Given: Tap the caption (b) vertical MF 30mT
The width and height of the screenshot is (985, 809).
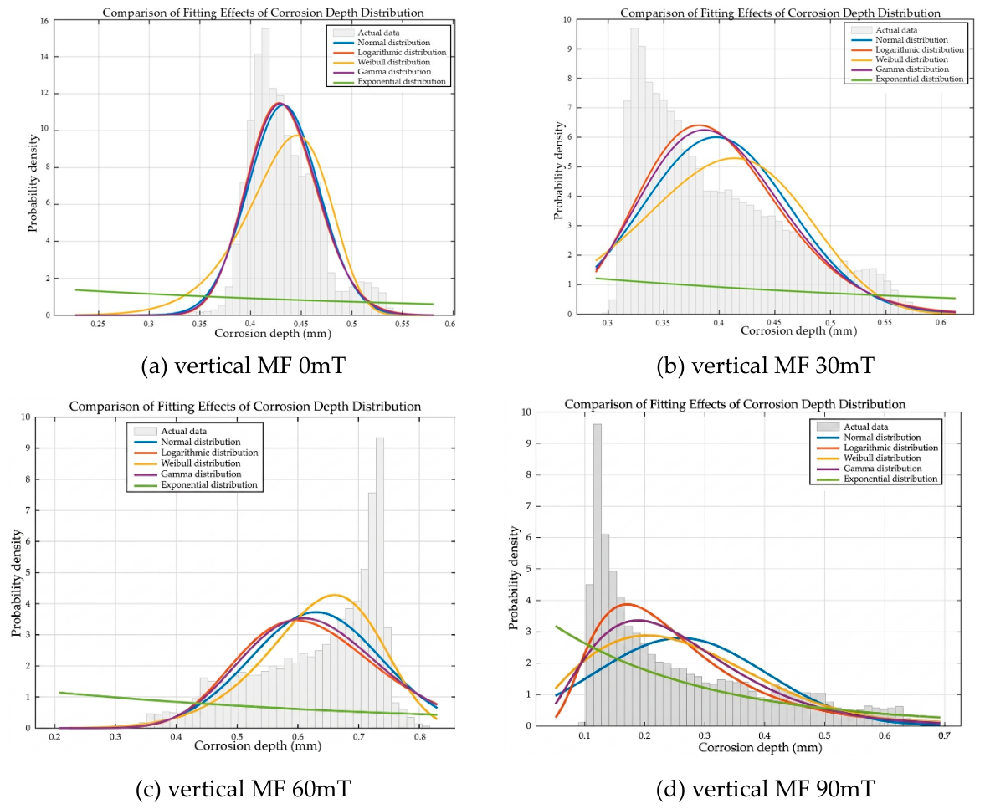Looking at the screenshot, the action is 765,365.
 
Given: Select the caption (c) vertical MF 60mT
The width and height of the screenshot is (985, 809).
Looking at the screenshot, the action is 243,788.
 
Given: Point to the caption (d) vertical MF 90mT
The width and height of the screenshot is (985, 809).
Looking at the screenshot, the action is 765,788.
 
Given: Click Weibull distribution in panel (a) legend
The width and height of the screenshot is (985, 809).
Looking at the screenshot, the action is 394,62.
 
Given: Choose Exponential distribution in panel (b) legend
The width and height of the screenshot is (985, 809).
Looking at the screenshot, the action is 920,79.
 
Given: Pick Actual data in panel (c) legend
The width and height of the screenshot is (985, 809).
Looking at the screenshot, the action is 183,432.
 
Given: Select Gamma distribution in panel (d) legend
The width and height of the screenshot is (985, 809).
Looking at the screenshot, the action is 883,469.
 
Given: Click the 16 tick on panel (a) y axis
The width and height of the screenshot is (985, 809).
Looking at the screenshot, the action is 44,21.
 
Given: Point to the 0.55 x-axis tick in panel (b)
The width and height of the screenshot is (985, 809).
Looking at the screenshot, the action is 885,323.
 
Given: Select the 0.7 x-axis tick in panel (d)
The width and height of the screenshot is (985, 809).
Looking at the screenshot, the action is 944,735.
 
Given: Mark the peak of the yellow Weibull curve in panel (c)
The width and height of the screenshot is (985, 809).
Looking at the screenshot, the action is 334,595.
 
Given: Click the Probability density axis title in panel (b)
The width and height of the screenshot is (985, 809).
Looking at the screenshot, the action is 558,171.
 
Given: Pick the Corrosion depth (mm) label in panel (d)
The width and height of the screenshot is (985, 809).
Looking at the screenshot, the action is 760,747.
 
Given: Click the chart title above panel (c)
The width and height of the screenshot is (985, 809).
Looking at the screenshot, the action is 245,407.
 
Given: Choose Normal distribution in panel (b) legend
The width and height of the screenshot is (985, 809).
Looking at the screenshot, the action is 911,40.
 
